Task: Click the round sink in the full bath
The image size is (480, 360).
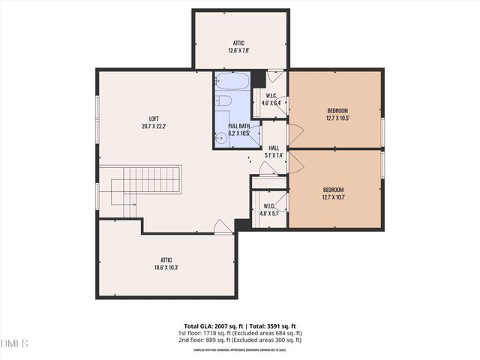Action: point(221,137)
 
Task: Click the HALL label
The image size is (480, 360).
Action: point(274,152)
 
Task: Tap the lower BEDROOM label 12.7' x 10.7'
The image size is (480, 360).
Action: point(334,193)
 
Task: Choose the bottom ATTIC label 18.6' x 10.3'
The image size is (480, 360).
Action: point(166,263)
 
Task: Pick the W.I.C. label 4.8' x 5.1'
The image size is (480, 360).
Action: point(269,209)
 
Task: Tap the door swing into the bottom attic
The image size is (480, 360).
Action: point(222,226)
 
